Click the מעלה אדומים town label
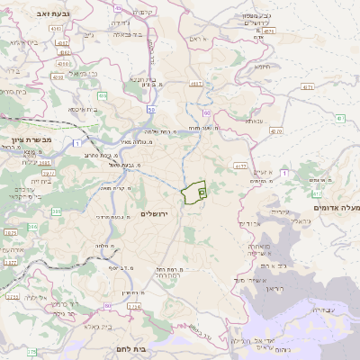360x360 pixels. click(335, 208)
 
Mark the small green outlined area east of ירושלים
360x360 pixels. click(194, 193)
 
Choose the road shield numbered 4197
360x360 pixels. click(195, 83)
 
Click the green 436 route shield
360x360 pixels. click(103, 95)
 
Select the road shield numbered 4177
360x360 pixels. click(239, 166)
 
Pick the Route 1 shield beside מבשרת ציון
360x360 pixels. click(78, 143)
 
